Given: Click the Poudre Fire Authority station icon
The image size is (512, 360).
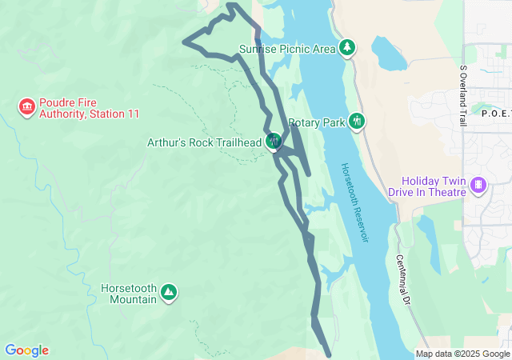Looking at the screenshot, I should (x=26, y=106).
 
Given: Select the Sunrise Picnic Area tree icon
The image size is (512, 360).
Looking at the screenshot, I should (x=347, y=48).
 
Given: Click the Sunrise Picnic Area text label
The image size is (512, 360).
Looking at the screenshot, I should (x=287, y=49).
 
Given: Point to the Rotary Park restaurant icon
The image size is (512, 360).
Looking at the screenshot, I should (x=357, y=122).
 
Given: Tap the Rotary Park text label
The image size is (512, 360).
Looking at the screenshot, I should (x=316, y=122).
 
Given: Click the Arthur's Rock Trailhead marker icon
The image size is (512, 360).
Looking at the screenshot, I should (x=274, y=142).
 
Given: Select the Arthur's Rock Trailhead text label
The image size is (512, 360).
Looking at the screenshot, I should (x=204, y=142).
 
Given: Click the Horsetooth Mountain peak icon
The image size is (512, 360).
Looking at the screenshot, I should (x=169, y=292).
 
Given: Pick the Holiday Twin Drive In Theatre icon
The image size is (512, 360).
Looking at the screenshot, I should (x=478, y=185).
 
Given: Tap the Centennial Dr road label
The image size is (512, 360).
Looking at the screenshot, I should (x=403, y=280).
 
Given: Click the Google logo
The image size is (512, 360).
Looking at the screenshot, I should (x=26, y=350).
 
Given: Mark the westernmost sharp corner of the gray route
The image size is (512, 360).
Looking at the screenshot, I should (x=184, y=42).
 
